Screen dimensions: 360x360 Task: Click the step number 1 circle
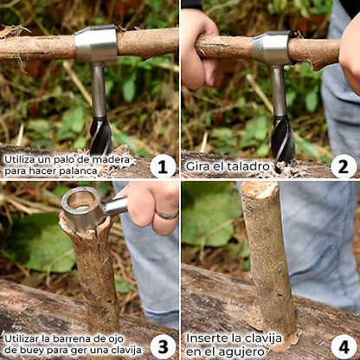click(162, 165)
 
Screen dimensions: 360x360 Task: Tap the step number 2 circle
click(343, 165)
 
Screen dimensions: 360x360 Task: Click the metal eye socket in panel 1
click(96, 44)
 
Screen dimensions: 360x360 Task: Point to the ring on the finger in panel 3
click(166, 214)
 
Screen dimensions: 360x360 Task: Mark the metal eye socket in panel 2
click(273, 48)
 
